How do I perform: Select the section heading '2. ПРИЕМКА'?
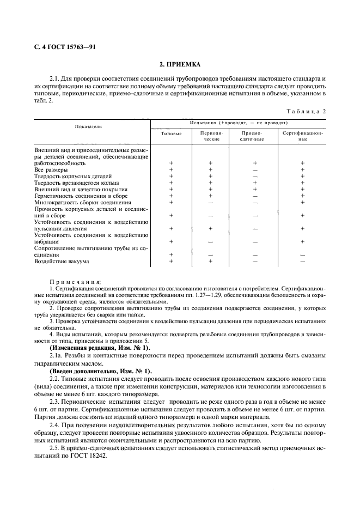coord(180,64)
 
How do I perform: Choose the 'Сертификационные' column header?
coord(303,136)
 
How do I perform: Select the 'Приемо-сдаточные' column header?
coord(254,136)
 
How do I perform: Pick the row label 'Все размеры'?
coord(51,170)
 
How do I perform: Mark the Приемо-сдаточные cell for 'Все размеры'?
coord(254,170)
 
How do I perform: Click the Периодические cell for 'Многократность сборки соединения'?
coord(210,202)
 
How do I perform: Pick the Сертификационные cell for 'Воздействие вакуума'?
coord(303,262)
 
